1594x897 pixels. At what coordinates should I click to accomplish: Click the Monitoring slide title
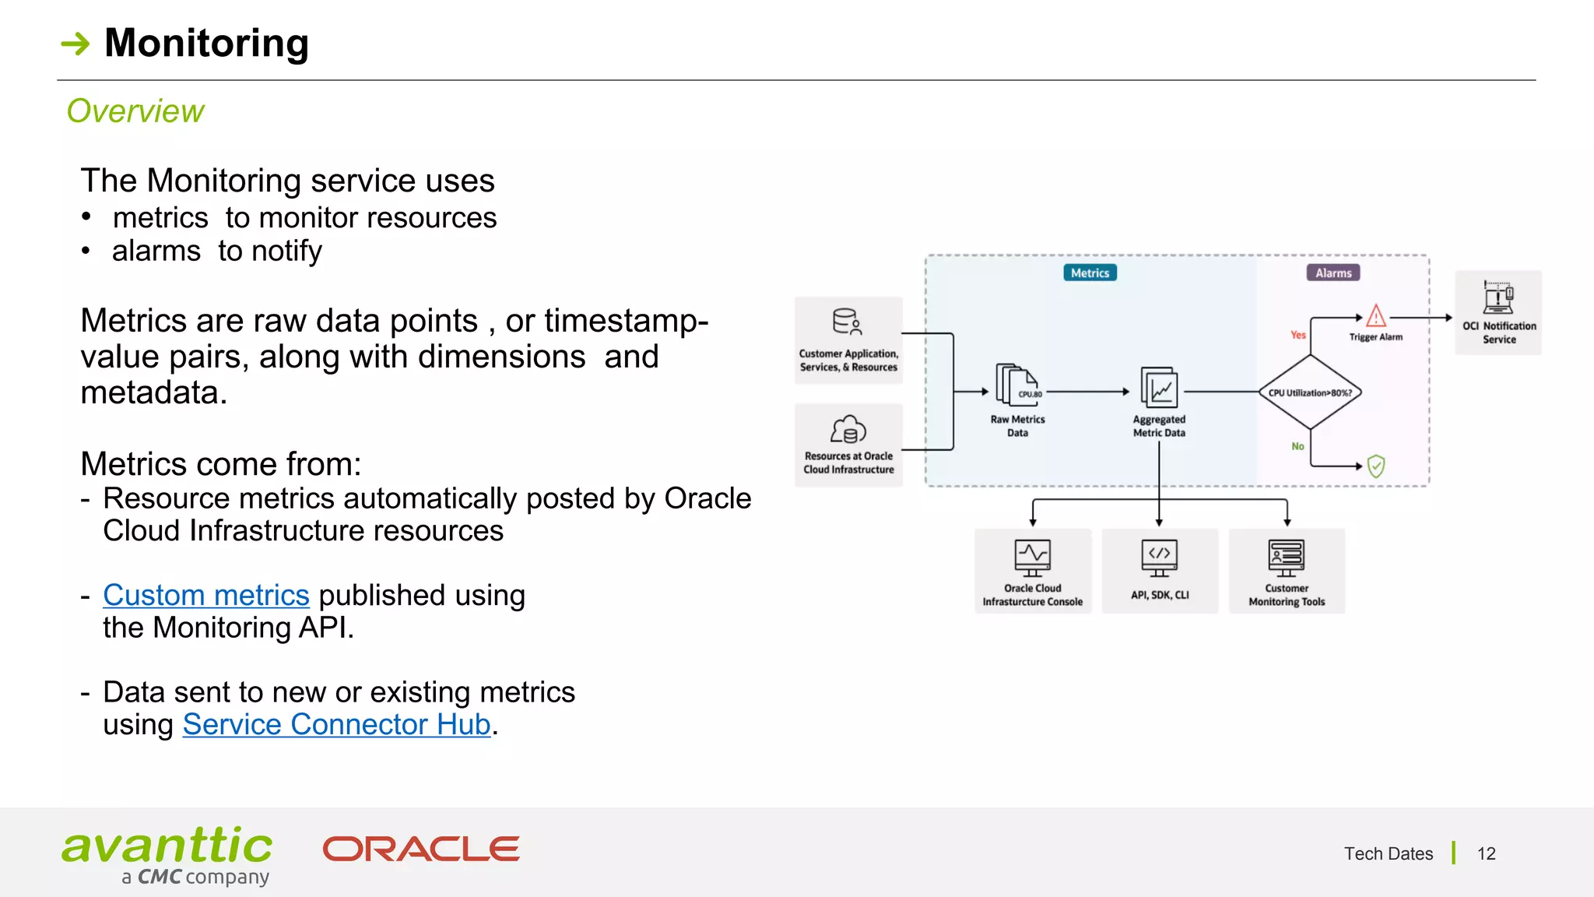[x=206, y=43]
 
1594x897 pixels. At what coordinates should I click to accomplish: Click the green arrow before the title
[x=75, y=44]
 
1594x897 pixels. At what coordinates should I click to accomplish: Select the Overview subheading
[x=135, y=111]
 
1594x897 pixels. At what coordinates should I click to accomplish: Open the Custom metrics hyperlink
[x=206, y=596]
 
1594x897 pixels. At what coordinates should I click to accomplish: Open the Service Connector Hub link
[x=336, y=725]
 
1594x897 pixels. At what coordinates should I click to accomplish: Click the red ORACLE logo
[x=421, y=849]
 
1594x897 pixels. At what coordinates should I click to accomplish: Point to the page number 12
[x=1486, y=854]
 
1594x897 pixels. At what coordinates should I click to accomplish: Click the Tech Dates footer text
[x=1388, y=854]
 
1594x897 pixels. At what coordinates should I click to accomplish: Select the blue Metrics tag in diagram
[x=1090, y=273]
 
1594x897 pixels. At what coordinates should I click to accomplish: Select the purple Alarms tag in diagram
[x=1333, y=273]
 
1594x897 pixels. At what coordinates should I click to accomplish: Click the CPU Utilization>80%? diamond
[x=1310, y=392]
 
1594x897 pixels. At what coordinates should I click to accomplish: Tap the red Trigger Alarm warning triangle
[x=1375, y=316]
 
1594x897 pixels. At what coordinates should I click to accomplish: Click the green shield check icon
[x=1375, y=466]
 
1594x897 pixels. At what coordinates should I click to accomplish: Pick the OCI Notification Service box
[x=1498, y=313]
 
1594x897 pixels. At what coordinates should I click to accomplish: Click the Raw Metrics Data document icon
[x=1016, y=386]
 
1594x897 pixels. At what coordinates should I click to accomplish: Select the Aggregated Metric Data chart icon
[x=1159, y=388]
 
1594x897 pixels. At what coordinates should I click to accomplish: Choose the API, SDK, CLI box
[x=1160, y=571]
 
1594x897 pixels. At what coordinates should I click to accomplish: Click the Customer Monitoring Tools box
[x=1287, y=571]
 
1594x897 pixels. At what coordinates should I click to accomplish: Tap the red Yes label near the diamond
[x=1297, y=336]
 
